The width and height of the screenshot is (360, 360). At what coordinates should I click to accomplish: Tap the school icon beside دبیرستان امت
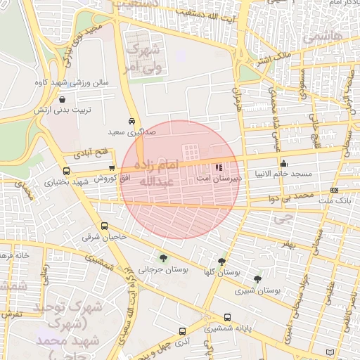[218, 167]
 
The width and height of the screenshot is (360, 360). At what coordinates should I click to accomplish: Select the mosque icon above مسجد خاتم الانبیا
[283, 163]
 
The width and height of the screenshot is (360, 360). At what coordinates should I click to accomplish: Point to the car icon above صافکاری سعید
[132, 120]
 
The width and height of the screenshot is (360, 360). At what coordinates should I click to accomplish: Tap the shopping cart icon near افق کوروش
[112, 167]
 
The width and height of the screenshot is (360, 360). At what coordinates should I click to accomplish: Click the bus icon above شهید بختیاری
[66, 171]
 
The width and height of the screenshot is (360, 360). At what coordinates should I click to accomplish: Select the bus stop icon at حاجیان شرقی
[104, 226]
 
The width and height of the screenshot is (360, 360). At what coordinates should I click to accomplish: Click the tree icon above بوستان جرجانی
[163, 258]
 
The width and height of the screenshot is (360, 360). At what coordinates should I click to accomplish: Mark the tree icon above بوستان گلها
[222, 262]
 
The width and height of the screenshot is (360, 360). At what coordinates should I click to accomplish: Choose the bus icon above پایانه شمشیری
[227, 317]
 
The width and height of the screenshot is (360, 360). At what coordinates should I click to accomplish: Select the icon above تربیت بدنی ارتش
[63, 99]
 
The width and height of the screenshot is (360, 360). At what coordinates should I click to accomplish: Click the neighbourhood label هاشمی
[323, 34]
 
